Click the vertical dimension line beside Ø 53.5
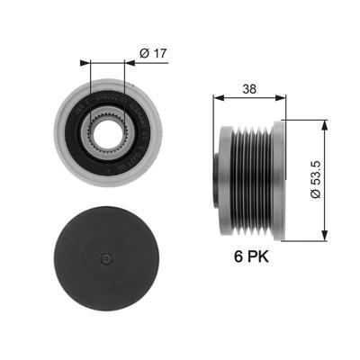coord(324,144)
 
